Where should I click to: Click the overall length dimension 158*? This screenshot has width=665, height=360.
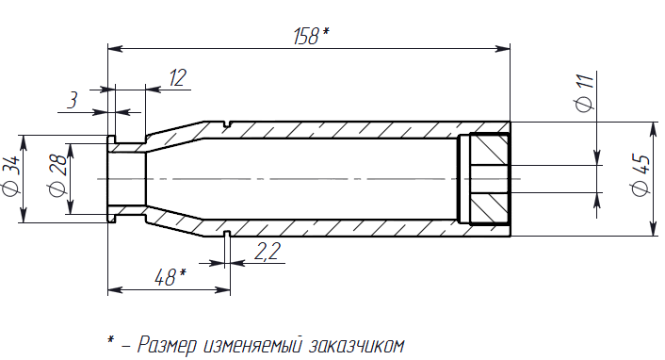click(x=311, y=36)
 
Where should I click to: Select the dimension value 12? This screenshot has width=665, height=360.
click(x=178, y=77)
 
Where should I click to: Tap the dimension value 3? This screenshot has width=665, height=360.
click(x=73, y=101)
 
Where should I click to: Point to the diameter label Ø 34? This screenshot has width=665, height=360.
click(x=11, y=176)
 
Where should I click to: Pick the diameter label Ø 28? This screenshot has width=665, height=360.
click(x=58, y=175)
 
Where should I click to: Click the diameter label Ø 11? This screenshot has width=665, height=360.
click(x=584, y=93)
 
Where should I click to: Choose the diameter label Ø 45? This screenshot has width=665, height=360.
click(x=641, y=175)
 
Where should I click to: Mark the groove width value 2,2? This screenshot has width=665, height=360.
click(x=268, y=251)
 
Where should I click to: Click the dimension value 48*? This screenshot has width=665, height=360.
click(x=170, y=277)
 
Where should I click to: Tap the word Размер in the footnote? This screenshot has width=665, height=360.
click(x=167, y=345)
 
